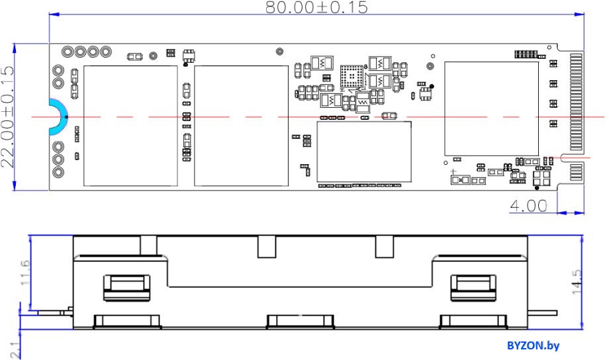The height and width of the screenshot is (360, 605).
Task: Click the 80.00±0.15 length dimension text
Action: coord(316,7)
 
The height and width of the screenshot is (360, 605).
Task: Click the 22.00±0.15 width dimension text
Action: coord(8,116)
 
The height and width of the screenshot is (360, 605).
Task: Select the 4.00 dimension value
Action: coord(528,206)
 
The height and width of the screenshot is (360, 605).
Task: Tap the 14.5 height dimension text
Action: coord(577,282)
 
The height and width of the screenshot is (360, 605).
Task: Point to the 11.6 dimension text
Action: coord(24,273)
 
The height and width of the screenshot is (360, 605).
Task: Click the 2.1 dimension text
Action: coord(15,350)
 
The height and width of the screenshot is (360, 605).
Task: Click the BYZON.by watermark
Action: coord(533,345)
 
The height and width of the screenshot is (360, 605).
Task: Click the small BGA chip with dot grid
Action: coord(351,77)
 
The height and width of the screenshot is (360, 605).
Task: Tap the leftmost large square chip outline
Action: coord(131,126)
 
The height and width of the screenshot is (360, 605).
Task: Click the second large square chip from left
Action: coord(241,126)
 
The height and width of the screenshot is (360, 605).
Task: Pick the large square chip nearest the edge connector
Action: coord(492,109)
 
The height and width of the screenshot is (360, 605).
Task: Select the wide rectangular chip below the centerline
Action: coord(364,152)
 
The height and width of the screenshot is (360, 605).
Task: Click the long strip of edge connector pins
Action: coord(576,102)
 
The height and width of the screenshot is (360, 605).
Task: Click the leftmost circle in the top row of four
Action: coord(68,52)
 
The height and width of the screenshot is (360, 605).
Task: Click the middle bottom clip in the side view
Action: coord(301,322)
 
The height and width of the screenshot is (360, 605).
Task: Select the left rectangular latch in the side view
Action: coord(126,287)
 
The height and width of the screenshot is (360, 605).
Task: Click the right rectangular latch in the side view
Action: coord(473,287)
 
